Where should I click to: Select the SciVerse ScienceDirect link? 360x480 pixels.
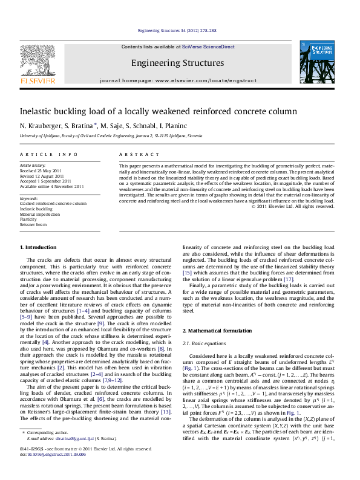210,47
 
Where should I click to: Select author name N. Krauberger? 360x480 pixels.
39,126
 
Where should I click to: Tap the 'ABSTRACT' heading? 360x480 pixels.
134,155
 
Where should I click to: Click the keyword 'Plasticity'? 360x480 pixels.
30,219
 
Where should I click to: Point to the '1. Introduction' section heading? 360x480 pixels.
39,248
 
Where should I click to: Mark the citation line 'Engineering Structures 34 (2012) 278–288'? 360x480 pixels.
177,30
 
